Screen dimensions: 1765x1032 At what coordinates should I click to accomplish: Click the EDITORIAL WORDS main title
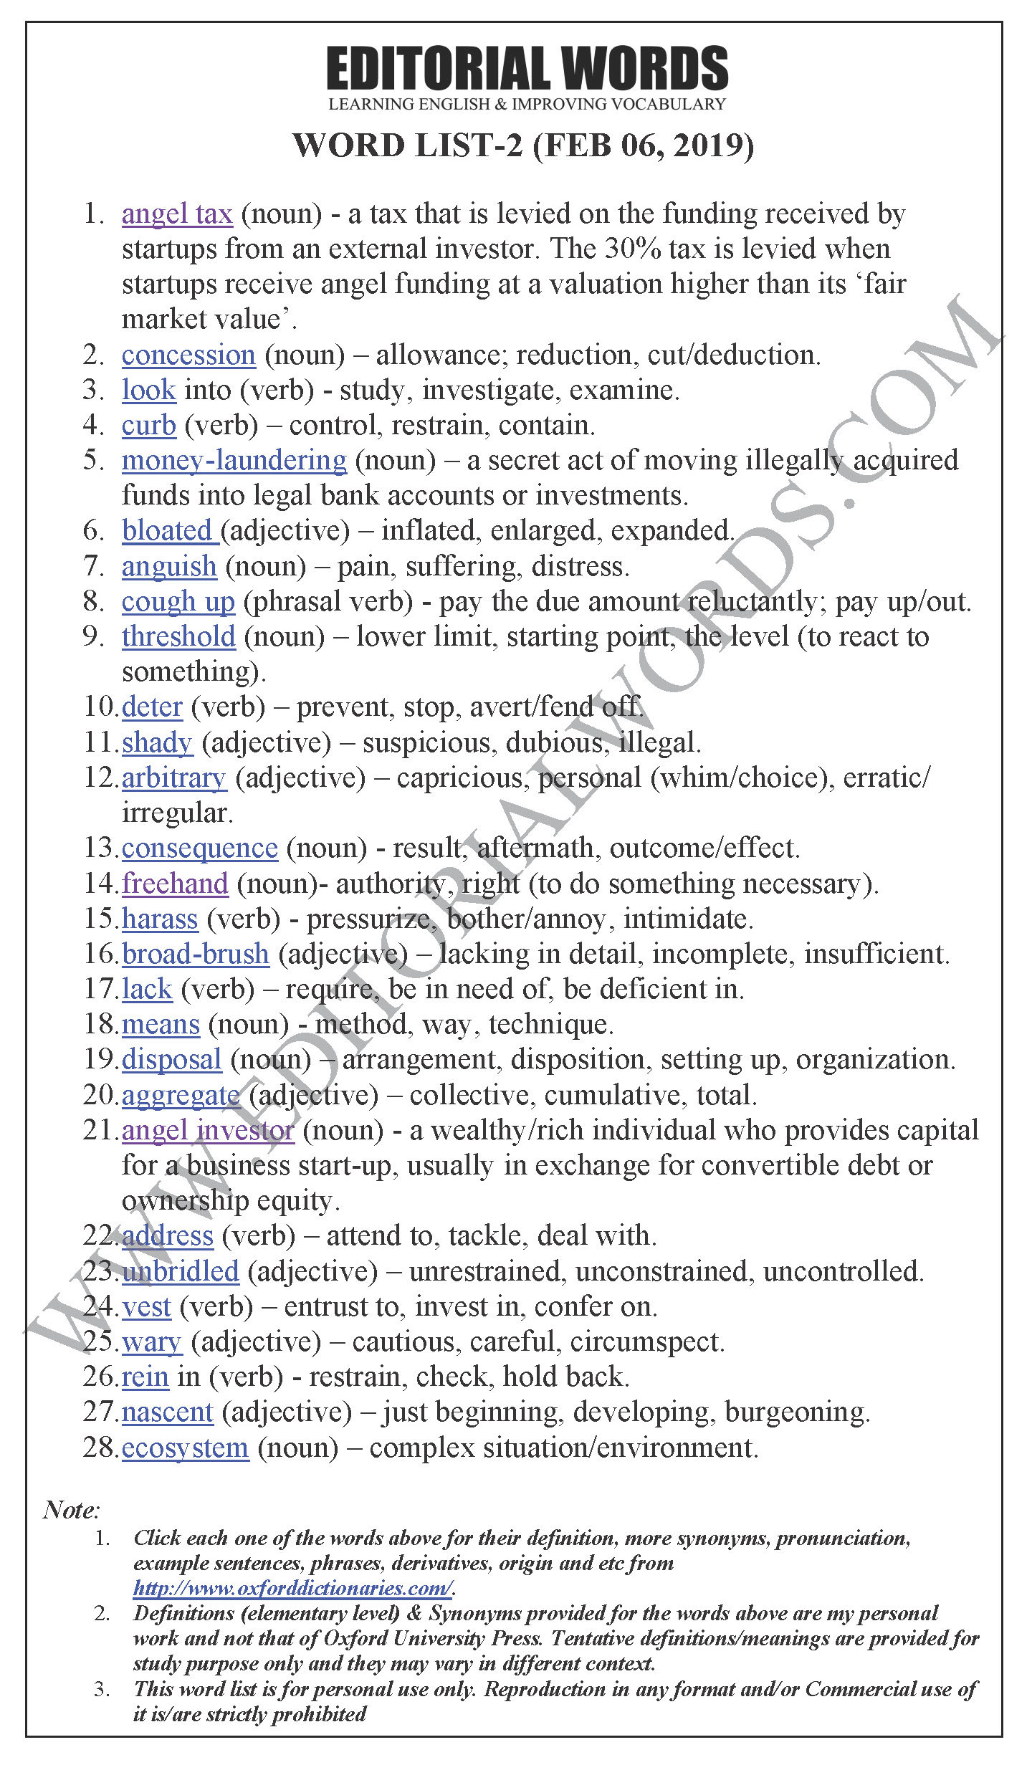(527, 70)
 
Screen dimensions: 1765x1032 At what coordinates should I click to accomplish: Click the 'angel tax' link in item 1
(177, 214)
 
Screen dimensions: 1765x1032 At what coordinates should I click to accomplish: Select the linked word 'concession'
(188, 355)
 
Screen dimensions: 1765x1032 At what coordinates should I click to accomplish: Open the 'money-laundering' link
(234, 460)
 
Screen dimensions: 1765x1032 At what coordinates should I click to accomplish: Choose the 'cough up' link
(178, 601)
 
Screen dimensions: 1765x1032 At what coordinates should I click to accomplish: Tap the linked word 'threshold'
(178, 636)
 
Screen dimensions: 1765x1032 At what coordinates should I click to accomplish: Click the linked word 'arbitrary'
(174, 778)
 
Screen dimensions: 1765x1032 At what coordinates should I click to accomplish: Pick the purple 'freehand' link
(175, 883)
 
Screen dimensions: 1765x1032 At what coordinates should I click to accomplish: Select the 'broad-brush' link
(196, 954)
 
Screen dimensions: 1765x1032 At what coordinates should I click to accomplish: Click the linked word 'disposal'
(172, 1059)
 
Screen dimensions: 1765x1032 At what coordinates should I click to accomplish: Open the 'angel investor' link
(208, 1130)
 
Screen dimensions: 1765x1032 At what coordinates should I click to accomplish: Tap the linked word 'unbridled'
(181, 1271)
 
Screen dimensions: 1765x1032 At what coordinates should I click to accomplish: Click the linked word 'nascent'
(168, 1412)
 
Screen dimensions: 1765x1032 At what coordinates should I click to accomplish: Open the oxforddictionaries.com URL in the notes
(292, 1588)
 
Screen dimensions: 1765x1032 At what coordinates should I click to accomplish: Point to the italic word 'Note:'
(71, 1510)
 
